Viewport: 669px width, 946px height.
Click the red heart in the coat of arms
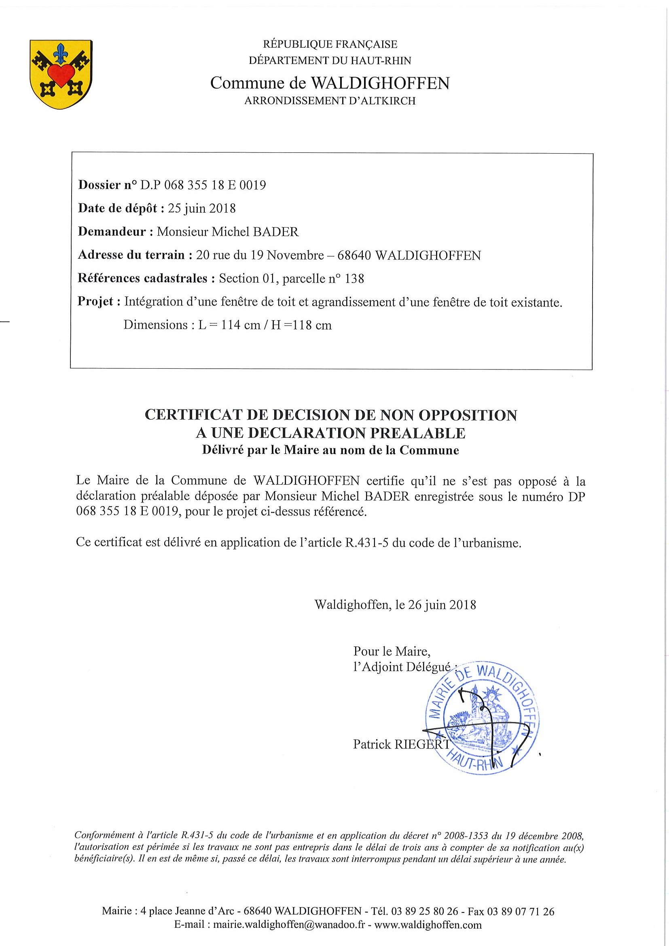(61, 74)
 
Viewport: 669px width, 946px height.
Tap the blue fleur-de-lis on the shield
(61, 51)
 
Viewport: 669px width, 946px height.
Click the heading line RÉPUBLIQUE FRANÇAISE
(330, 44)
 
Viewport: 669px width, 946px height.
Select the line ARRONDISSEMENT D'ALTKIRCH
(330, 101)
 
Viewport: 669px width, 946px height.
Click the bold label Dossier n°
(107, 185)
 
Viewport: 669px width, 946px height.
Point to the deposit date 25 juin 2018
(201, 209)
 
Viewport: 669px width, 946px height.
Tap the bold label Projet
(95, 302)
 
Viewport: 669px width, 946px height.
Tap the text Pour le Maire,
(392, 651)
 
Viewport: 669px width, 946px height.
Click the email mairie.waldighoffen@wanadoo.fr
(289, 925)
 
